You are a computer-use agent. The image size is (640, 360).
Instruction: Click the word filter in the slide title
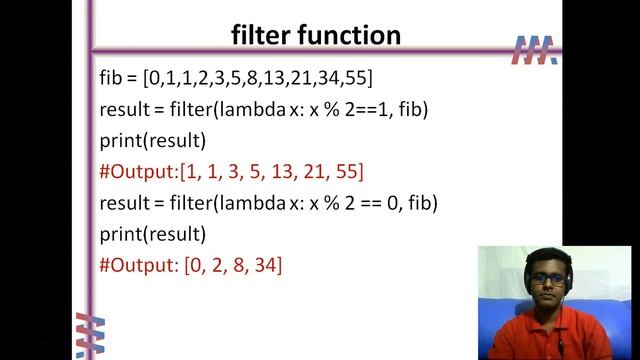tap(260, 36)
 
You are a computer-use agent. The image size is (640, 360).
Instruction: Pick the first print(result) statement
tap(152, 140)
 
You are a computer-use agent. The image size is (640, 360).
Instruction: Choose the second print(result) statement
tap(152, 235)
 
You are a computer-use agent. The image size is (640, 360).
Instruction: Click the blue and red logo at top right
tap(534, 50)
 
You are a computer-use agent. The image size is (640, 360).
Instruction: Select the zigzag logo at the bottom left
tap(90, 335)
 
